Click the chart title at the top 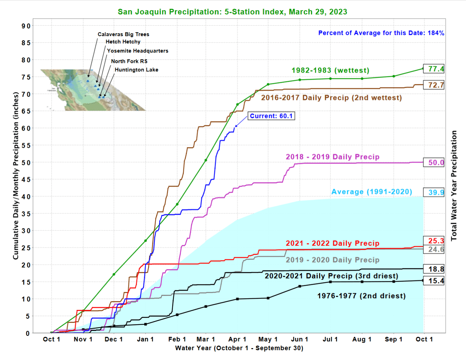coord(232,12)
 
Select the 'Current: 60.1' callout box coord(271,116)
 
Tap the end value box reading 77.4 coord(434,69)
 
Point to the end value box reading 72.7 coord(434,85)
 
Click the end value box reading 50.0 coord(434,162)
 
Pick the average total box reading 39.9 coord(434,192)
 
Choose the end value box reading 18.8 coord(434,269)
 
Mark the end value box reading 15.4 coord(434,281)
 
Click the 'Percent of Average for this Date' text coord(381,33)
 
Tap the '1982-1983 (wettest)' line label coord(330,70)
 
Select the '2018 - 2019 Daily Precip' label coord(332,157)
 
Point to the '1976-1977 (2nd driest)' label coord(361,296)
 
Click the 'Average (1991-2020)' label coord(371,192)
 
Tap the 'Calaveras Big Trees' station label coord(123,34)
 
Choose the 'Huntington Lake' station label coord(136,70)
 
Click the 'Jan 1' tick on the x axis coord(145,339)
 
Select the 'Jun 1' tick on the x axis coord(300,339)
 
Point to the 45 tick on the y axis coord(26,180)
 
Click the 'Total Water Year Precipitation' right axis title coord(454,186)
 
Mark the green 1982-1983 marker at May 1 coord(268,84)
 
